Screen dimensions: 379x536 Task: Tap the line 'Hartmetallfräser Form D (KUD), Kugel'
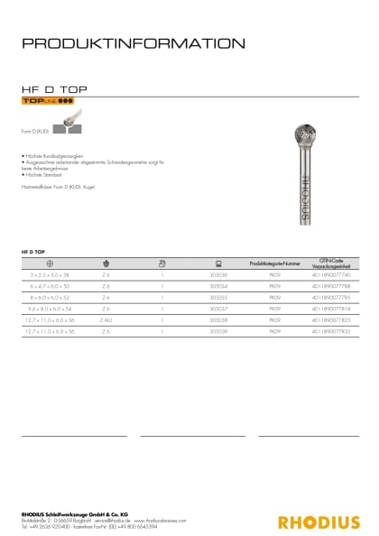point(64,184)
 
